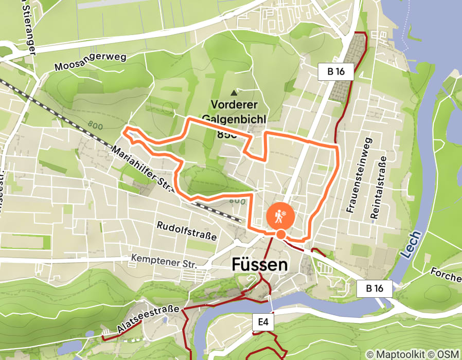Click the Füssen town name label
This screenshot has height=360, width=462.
[x=259, y=265]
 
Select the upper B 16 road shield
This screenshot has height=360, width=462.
[x=336, y=71]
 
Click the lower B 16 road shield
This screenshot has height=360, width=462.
[x=375, y=289]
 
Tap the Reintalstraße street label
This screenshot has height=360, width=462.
[x=377, y=188]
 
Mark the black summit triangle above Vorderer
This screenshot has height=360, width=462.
[x=235, y=93]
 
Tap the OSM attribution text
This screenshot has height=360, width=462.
[x=447, y=354]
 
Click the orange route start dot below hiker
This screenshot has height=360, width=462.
[x=280, y=235]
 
